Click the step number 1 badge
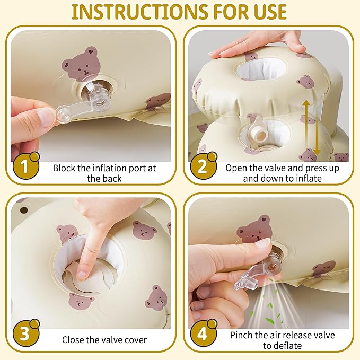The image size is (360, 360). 25,166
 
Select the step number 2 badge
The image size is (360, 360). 203,166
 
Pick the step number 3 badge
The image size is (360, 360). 25,333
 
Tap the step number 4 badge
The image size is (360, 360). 203,333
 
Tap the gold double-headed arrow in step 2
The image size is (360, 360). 311,127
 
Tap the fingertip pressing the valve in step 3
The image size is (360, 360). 81,275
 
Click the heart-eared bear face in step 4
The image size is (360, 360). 254,230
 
